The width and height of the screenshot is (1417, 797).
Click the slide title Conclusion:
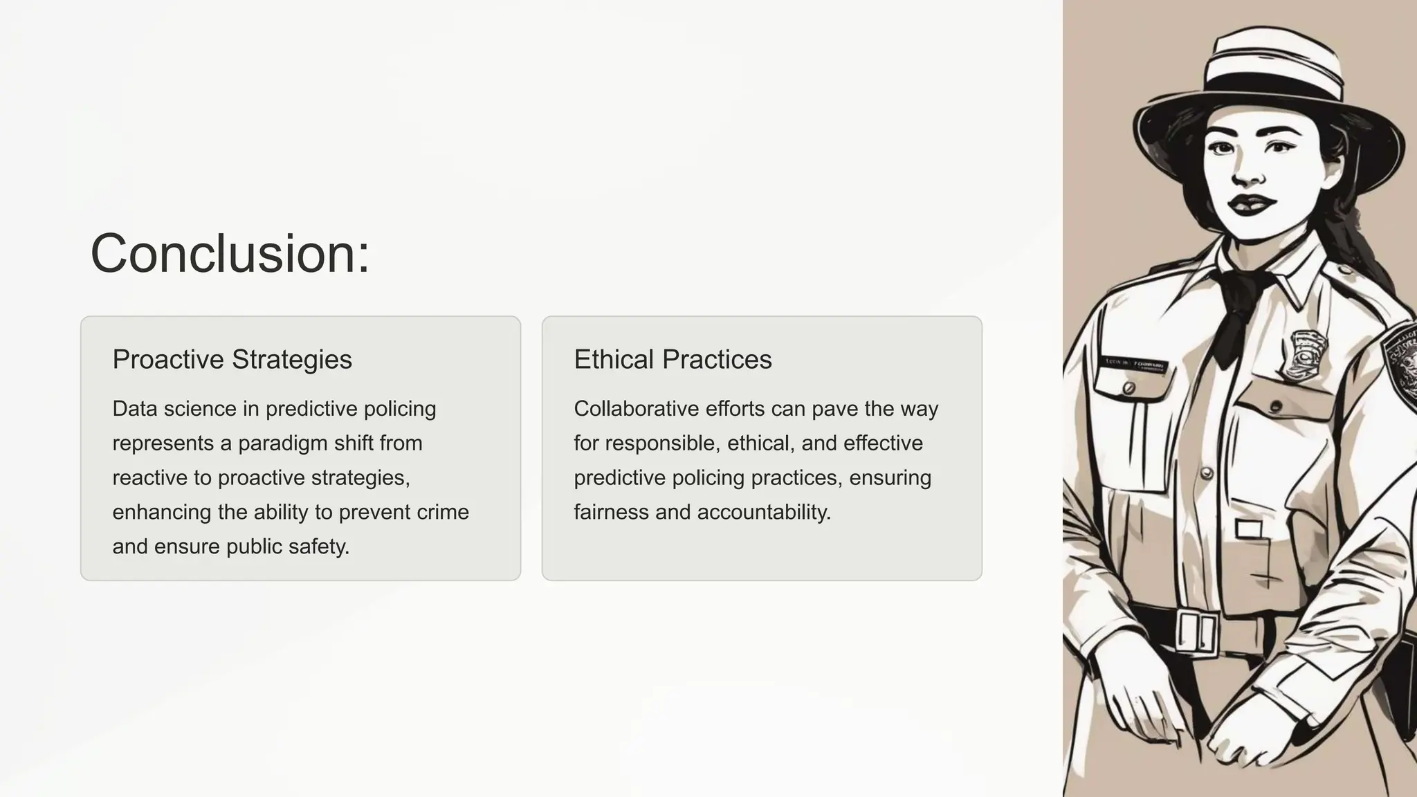pyautogui.click(x=230, y=254)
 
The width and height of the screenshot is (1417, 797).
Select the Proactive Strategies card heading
pyautogui.click(x=232, y=360)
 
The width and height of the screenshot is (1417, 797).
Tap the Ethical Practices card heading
pyautogui.click(x=673, y=360)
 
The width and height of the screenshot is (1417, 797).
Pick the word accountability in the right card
pyautogui.click(x=764, y=513)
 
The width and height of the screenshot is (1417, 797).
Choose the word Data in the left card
pyautogui.click(x=136, y=409)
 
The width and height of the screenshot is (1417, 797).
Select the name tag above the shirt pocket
pyautogui.click(x=1135, y=364)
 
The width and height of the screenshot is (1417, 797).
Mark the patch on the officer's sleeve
pyautogui.click(x=1401, y=360)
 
